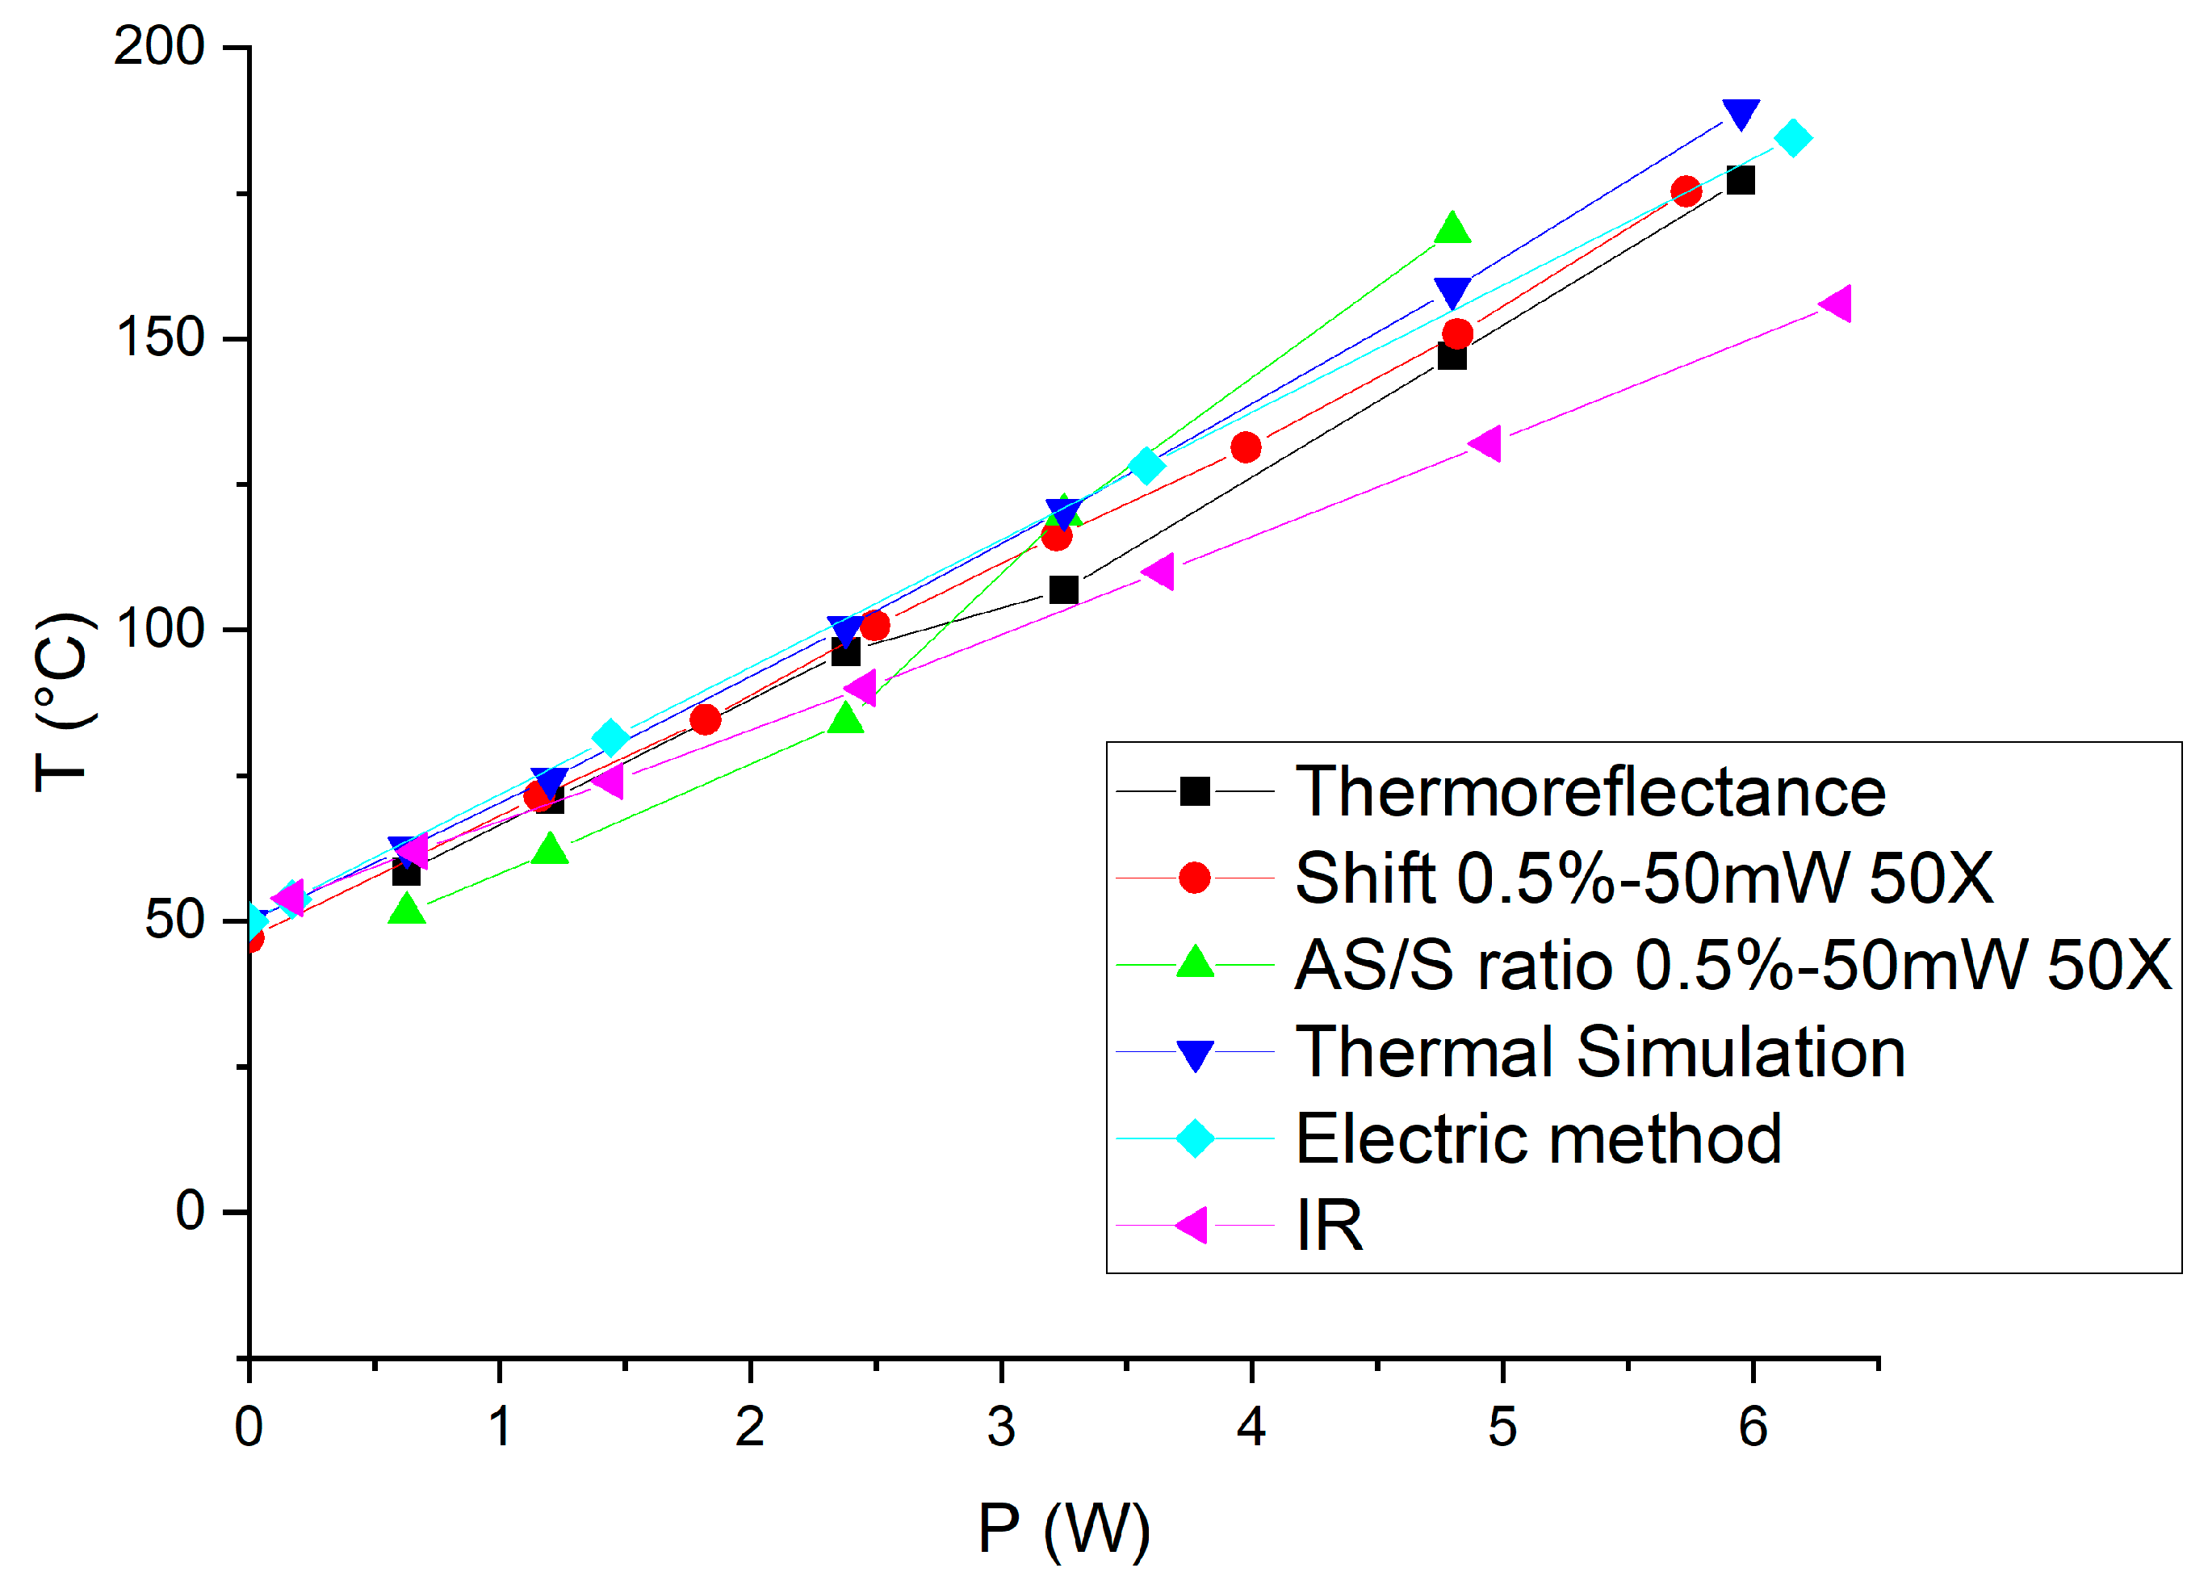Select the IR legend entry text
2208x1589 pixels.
pos(1329,1225)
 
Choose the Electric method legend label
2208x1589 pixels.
pos(1538,1138)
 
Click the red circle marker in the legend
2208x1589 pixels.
pos(1195,878)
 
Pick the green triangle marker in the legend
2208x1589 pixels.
pos(1195,962)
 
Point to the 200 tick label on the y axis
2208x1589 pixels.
pos(159,46)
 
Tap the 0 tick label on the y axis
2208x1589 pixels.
pos(190,1211)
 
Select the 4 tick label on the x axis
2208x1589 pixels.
pos(1251,1428)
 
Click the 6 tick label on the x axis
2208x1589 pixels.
pos(1753,1428)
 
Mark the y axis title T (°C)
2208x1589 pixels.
pos(65,702)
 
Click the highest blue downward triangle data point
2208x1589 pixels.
pos(1741,113)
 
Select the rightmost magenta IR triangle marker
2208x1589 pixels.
pos(1836,304)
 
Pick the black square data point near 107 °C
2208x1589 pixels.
pos(1063,590)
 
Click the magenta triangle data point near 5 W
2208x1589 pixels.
pos(1485,444)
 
